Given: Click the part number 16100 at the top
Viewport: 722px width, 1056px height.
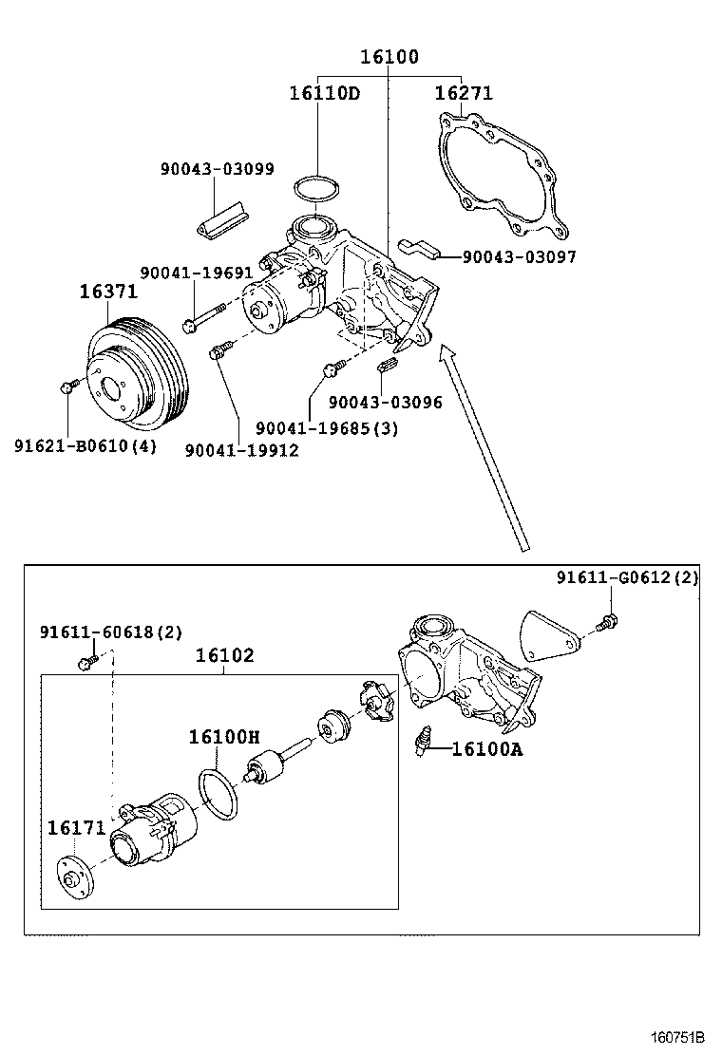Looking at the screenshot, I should [x=389, y=57].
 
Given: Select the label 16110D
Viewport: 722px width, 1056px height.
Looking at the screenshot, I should [x=324, y=93].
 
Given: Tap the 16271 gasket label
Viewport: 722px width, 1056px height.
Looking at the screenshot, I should [x=464, y=93].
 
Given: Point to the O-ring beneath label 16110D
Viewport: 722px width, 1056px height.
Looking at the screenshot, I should [x=315, y=189].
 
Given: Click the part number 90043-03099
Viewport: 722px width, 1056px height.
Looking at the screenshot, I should [x=218, y=169].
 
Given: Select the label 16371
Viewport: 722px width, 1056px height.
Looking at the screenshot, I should [x=107, y=292].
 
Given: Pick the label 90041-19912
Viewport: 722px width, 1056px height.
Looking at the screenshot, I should [x=241, y=450].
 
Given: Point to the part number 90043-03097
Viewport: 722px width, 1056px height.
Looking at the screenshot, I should [x=519, y=256].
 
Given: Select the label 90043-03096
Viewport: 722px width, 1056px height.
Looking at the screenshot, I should [x=386, y=402].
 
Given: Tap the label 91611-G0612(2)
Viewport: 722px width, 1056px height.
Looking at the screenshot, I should [x=627, y=577].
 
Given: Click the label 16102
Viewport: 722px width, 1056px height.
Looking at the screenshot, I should [x=225, y=655].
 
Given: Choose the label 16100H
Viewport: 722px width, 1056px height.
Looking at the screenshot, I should [x=223, y=736].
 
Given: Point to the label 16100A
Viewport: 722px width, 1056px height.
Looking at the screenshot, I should [x=486, y=749].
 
